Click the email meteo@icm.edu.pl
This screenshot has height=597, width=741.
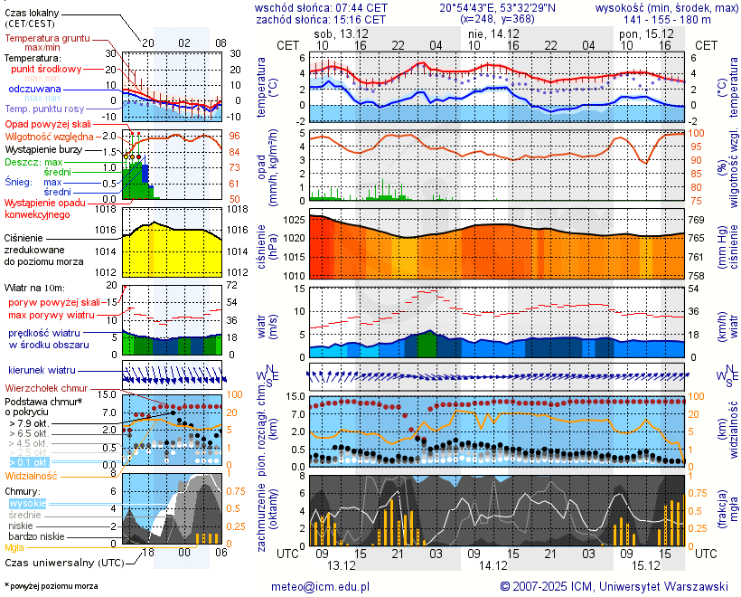321,586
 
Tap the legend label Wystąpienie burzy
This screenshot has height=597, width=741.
42,148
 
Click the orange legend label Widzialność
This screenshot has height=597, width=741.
32,475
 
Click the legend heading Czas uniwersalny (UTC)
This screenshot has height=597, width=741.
62,563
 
